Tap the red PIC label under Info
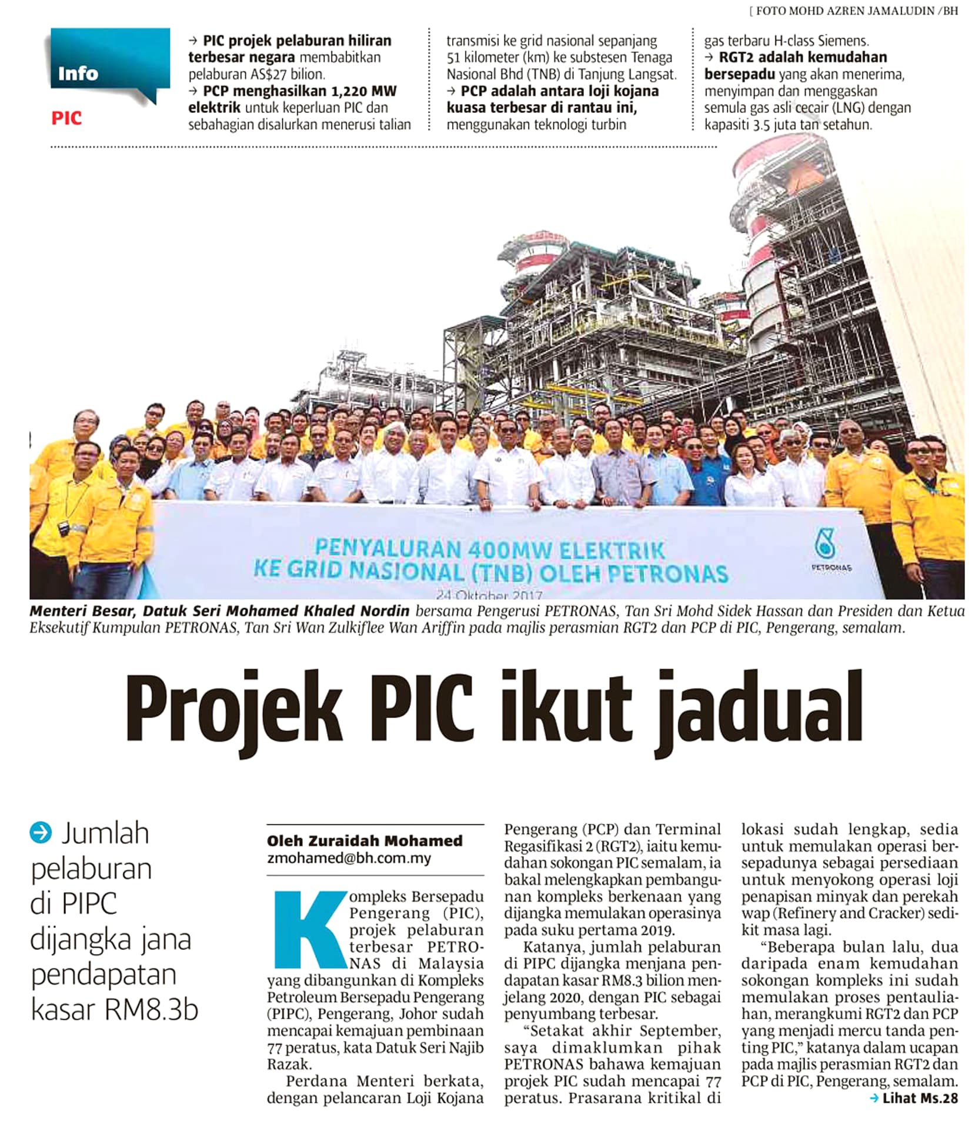pyautogui.click(x=66, y=118)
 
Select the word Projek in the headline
pyautogui.click(x=233, y=711)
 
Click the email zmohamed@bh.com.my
pyautogui.click(x=349, y=858)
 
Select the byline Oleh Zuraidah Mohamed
pyautogui.click(x=365, y=840)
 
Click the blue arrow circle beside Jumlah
pyautogui.click(x=41, y=833)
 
